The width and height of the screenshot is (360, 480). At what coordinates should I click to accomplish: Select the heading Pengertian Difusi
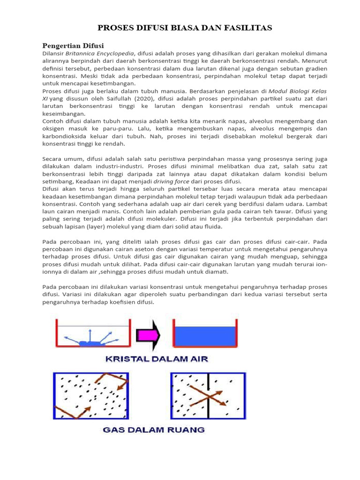(73, 45)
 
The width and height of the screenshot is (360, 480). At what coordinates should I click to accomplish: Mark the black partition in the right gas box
(208, 396)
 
